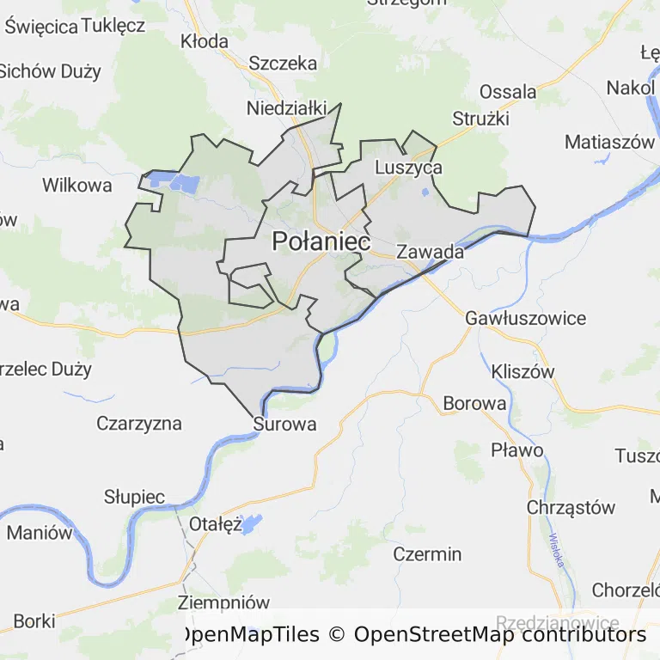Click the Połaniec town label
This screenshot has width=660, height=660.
[321, 241]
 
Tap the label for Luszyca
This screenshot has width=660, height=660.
[409, 168]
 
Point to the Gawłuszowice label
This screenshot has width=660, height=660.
[525, 318]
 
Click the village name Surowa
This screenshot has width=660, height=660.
[284, 424]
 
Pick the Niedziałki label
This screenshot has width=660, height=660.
[287, 108]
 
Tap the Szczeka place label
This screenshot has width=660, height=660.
[283, 63]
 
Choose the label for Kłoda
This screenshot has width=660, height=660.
[205, 41]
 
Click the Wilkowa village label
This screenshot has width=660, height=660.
[77, 185]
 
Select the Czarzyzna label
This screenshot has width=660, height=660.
[139, 423]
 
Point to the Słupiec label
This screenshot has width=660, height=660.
[134, 497]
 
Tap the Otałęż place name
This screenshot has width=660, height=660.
[216, 524]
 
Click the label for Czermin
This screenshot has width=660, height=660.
[427, 554]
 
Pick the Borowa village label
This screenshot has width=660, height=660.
[474, 403]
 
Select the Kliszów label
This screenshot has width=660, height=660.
[522, 372]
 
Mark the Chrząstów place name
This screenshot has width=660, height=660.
[571, 507]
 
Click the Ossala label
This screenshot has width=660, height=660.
[508, 91]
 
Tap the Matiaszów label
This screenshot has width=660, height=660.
[609, 143]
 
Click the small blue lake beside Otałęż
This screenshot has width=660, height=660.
[251, 523]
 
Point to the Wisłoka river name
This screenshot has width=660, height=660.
[556, 549]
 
